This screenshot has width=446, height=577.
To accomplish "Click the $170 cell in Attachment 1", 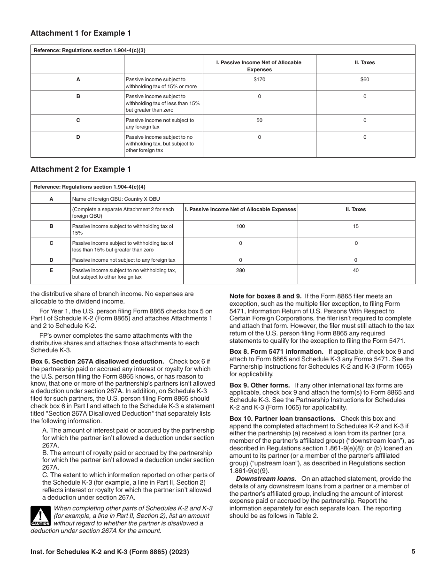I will pos(259,80).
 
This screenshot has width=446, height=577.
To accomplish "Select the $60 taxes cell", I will pos(365,80).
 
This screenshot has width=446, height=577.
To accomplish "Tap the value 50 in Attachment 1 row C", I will pos(259,121).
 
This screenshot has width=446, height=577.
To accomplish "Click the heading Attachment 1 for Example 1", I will pos(81,33).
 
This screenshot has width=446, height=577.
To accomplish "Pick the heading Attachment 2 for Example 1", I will pos(81,169).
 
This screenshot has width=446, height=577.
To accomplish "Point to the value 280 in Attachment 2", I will pos(240,270).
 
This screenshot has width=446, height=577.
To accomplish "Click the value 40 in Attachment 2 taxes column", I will pos(356,270).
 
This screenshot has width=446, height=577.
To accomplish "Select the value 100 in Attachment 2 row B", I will pos(240,227).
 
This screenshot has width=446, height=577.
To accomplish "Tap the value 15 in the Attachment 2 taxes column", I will pos(356,227).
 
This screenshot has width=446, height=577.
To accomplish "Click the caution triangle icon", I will pos(40,516).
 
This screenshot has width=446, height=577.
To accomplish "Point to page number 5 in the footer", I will pos(413,552).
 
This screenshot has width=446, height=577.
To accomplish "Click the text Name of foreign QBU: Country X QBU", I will pos(116,199).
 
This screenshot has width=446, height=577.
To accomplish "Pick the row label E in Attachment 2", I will pos(51,270).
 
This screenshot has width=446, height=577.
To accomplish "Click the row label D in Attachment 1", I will pos(78,137).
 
